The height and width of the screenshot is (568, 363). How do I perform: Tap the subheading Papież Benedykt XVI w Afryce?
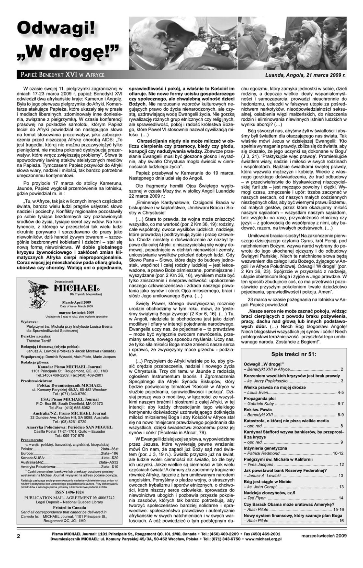click(x=61, y=75)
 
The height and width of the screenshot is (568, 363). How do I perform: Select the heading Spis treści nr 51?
click(x=293, y=354)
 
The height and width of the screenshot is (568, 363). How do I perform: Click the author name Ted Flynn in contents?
click(x=256, y=498)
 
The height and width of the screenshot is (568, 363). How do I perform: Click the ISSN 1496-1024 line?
click(x=69, y=491)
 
